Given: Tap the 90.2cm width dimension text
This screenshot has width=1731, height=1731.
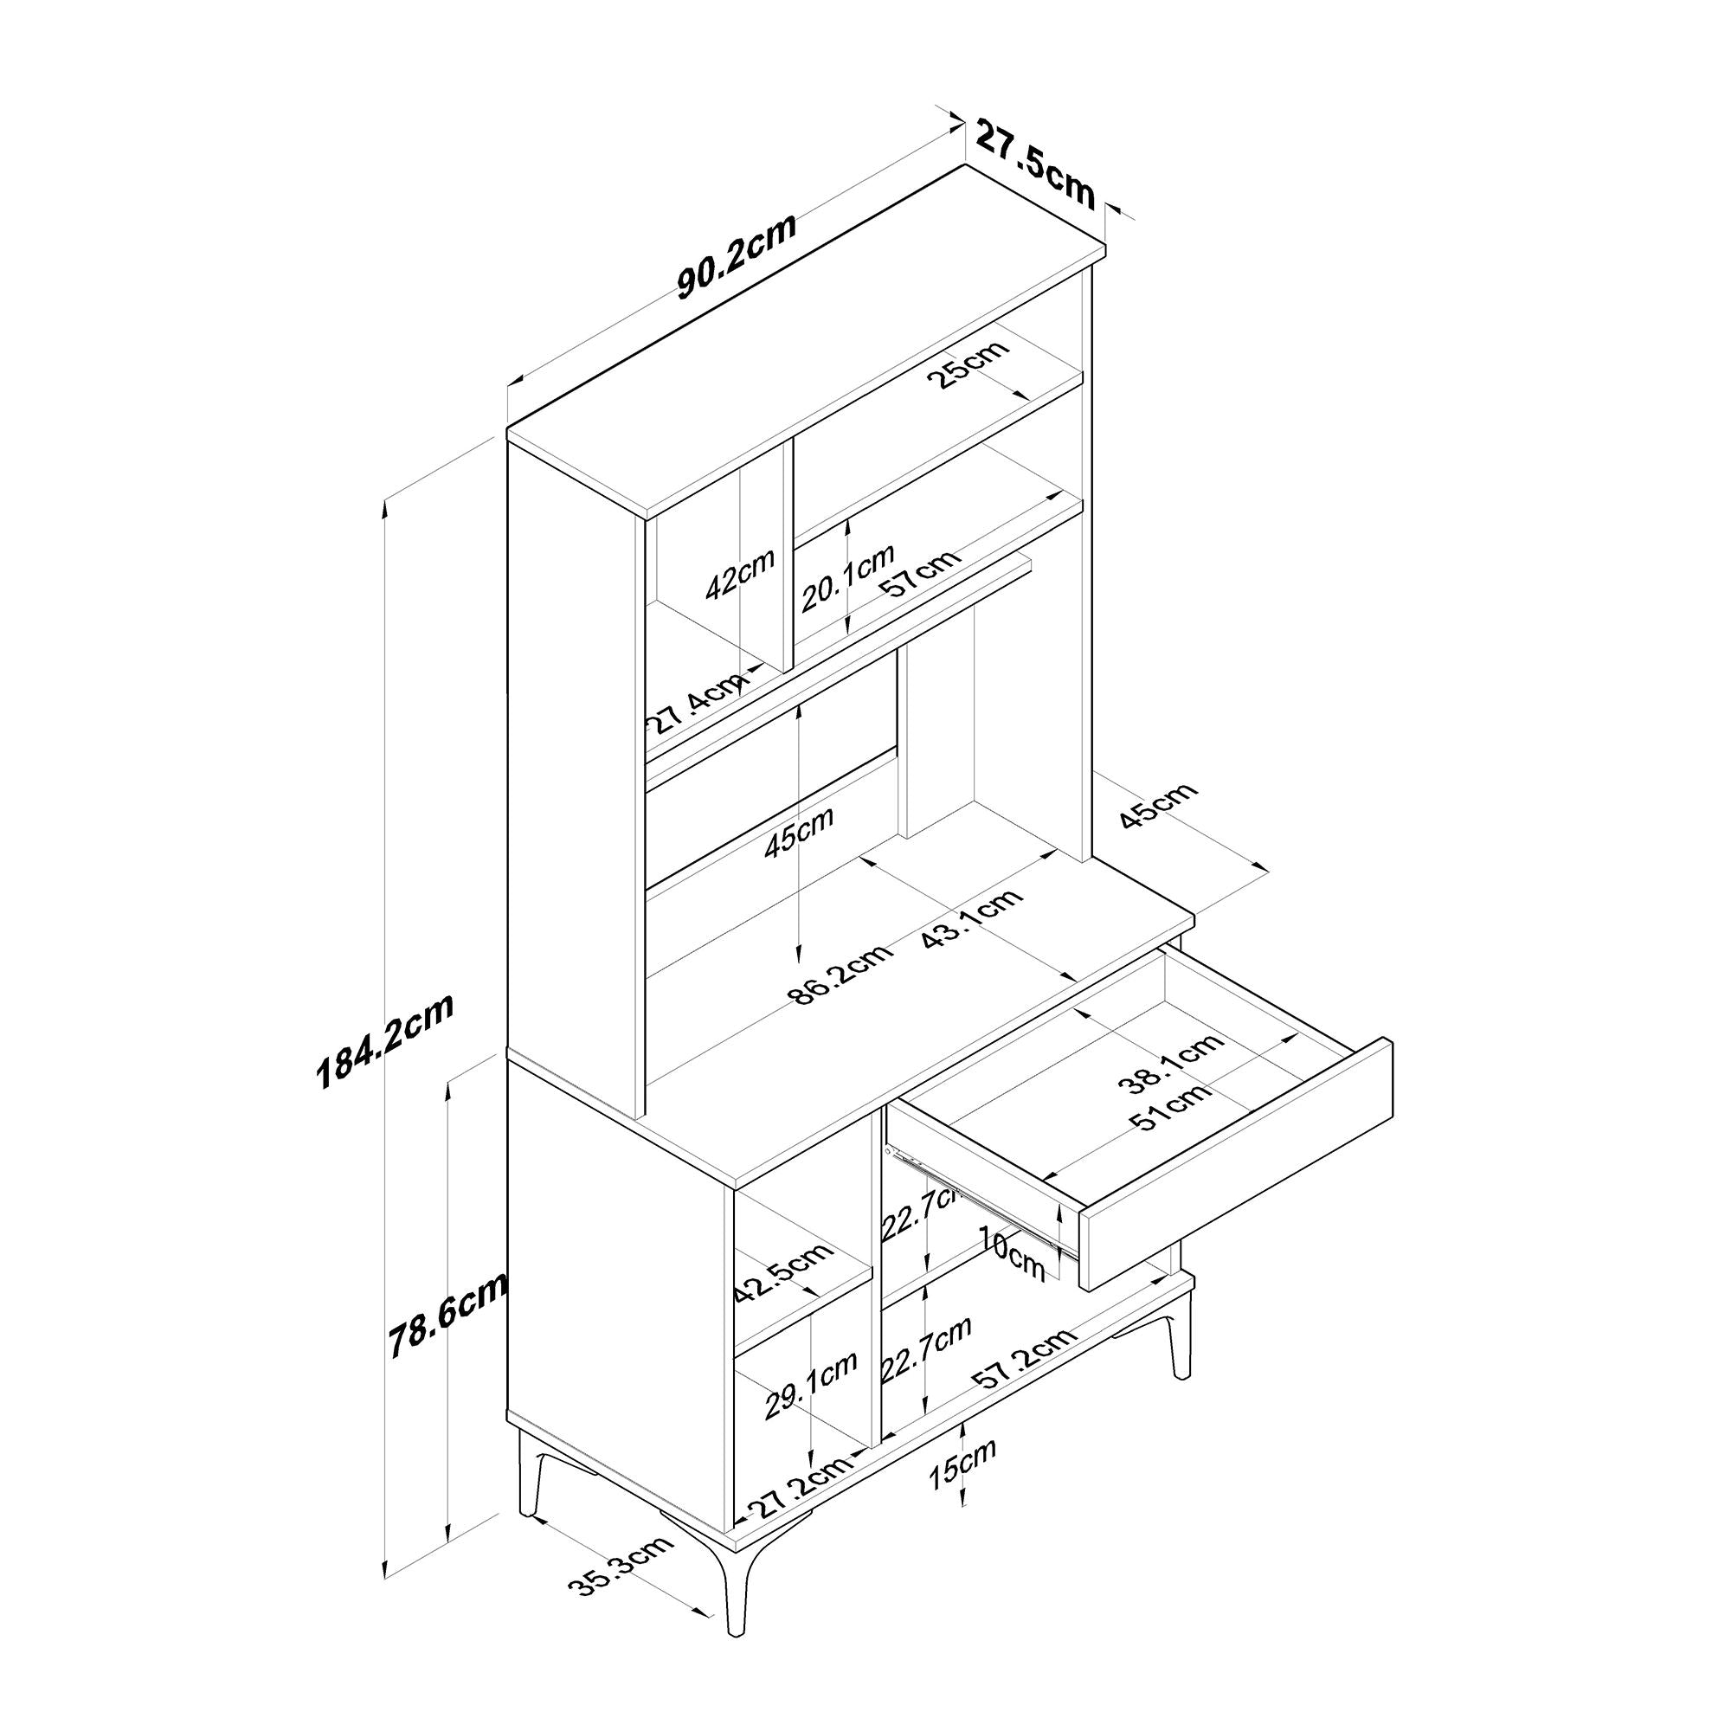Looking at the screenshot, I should tap(737, 257).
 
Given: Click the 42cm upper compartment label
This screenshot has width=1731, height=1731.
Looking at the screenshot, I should tap(739, 575).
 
